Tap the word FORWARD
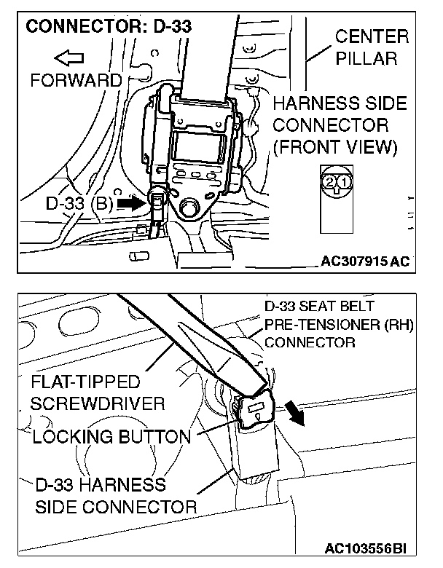tap(76, 79)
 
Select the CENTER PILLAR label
tap(372, 47)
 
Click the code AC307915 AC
tap(364, 261)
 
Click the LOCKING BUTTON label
tap(111, 437)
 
